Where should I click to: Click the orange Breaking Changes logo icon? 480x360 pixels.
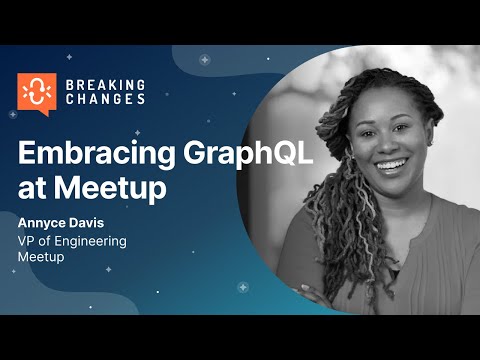(36, 91)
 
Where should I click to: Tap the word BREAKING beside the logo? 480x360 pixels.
(105, 84)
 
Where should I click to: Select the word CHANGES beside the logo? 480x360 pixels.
(105, 99)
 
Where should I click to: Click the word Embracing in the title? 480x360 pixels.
(90, 154)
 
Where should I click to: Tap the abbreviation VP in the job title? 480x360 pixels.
(29, 241)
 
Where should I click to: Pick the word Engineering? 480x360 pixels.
(97, 241)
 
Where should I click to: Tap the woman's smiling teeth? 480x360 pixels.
(389, 163)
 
